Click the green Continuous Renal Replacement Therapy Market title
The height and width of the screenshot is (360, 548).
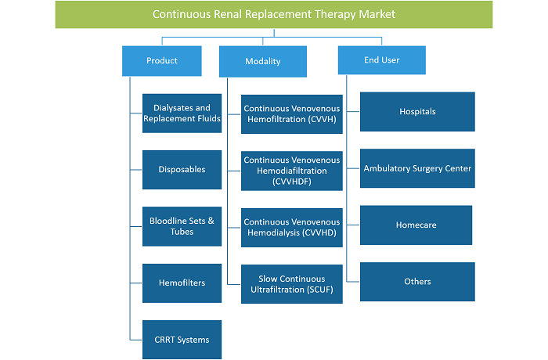tap(274, 14)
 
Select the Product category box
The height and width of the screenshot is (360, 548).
tap(162, 61)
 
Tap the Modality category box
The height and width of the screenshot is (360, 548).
tap(263, 62)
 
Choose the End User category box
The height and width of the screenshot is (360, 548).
tap(382, 60)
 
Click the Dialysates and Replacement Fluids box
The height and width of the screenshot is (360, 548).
tap(182, 113)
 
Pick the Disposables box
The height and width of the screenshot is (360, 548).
tap(182, 170)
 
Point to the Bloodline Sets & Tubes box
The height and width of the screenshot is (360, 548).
tap(182, 226)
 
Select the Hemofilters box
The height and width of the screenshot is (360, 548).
tap(182, 283)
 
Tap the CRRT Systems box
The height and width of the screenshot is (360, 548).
tap(182, 340)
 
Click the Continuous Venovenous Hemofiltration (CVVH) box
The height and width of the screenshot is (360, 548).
tap(292, 114)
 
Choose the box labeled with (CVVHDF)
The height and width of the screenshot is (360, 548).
tap(292, 171)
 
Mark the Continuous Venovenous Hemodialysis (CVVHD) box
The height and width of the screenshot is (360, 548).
tap(292, 228)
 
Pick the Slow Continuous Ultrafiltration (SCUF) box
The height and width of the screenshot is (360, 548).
tap(292, 284)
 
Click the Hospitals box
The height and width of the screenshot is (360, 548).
tap(417, 112)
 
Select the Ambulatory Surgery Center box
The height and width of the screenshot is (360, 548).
tap(417, 168)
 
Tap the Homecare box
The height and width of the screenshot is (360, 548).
tap(416, 225)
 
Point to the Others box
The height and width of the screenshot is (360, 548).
tap(417, 282)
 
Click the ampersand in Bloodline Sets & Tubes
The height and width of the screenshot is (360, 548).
tap(211, 221)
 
